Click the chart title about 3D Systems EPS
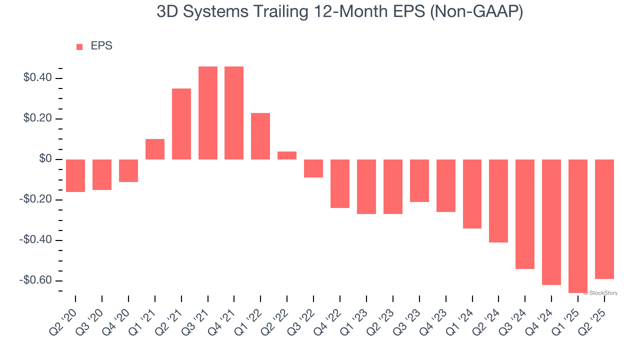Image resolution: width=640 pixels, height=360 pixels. click(339, 12)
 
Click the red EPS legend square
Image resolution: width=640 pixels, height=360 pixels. click(79, 46)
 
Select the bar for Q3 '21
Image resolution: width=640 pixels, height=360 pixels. click(207, 113)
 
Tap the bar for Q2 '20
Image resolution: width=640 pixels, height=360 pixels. click(75, 175)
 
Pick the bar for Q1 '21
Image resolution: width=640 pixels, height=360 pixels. click(155, 149)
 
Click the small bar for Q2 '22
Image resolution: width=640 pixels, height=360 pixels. click(287, 155)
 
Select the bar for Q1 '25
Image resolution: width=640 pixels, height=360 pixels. click(577, 226)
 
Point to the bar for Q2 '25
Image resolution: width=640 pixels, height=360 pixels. click(604, 219)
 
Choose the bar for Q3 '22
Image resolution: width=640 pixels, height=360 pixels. click(313, 168)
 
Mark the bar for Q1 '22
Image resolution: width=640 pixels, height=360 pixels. click(260, 136)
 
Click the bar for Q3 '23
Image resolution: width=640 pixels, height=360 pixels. click(419, 180)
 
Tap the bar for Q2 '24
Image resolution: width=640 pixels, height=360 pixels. click(498, 201)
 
